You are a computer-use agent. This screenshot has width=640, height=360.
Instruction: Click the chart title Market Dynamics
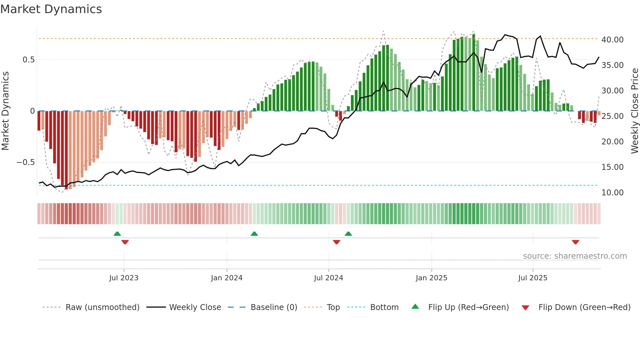tap(51, 9)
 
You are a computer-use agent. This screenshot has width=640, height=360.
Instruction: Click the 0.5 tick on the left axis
tap(28, 60)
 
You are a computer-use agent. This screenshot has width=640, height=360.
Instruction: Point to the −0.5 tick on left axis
tap(25, 162)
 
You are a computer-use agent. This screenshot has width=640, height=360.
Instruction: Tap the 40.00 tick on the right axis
tap(612, 40)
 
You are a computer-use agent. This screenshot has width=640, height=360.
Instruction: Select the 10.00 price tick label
tap(612, 193)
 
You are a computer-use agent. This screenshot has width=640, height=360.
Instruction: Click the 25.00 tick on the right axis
tap(612, 116)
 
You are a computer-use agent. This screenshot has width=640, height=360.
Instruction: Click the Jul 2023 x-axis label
tap(124, 278)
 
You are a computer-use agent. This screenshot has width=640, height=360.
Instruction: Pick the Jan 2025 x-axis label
tap(431, 278)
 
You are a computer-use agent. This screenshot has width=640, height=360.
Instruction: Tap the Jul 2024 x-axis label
tap(328, 278)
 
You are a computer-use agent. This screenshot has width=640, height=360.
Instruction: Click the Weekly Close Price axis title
tap(634, 111)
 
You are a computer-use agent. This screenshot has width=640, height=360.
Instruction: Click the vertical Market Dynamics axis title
tap(5, 111)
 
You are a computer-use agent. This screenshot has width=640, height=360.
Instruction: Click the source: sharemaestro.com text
tap(575, 256)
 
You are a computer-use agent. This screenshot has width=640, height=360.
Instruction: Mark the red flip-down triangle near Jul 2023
tap(125, 242)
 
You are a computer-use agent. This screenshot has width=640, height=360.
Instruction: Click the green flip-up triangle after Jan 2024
tap(254, 234)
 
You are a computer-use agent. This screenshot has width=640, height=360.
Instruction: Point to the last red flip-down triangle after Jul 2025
tap(575, 242)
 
